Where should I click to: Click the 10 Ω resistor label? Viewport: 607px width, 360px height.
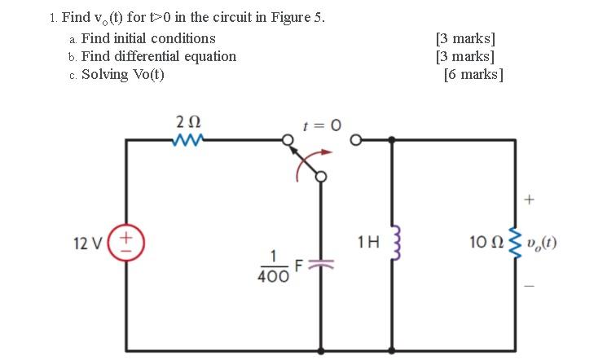pyautogui.click(x=484, y=242)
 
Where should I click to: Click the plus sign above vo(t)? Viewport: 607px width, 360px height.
pyautogui.click(x=531, y=198)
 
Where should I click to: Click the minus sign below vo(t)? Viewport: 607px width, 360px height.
pyautogui.click(x=531, y=284)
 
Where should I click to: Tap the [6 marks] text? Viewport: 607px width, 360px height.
pyautogui.click(x=473, y=75)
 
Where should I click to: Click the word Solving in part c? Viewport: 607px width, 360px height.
pyautogui.click(x=105, y=74)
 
